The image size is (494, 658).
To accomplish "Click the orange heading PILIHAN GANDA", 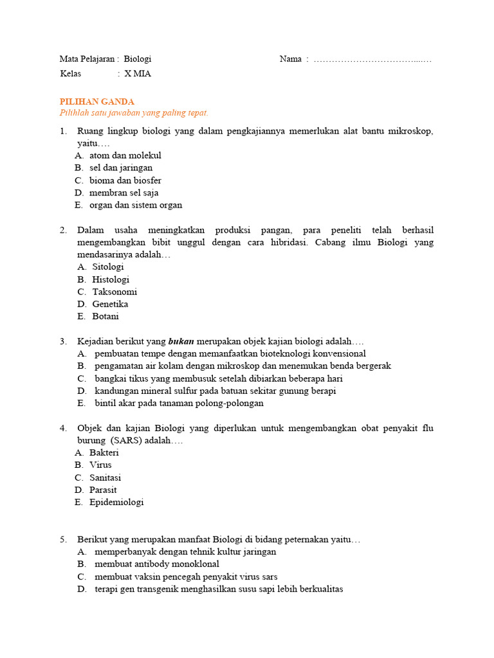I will [x=97, y=102].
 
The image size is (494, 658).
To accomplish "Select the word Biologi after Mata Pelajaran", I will [x=138, y=59].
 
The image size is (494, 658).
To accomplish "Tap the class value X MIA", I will [x=138, y=74].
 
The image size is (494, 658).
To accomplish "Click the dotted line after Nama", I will [x=372, y=60].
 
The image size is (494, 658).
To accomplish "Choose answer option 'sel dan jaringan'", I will [x=121, y=168].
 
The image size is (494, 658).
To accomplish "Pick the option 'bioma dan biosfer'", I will [x=125, y=181].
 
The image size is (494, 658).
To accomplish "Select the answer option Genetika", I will [x=110, y=304].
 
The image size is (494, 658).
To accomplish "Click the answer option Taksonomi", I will [x=114, y=292].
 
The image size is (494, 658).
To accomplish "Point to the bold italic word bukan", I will [x=181, y=341].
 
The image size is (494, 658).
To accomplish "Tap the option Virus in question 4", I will [x=100, y=465].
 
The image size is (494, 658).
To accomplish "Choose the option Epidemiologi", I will [x=116, y=502].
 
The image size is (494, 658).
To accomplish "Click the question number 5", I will [x=64, y=539].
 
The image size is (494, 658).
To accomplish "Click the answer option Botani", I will [x=105, y=316].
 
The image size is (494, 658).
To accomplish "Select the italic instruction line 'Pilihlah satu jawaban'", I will [x=134, y=112].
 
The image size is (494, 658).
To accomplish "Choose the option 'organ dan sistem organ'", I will [x=136, y=205].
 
